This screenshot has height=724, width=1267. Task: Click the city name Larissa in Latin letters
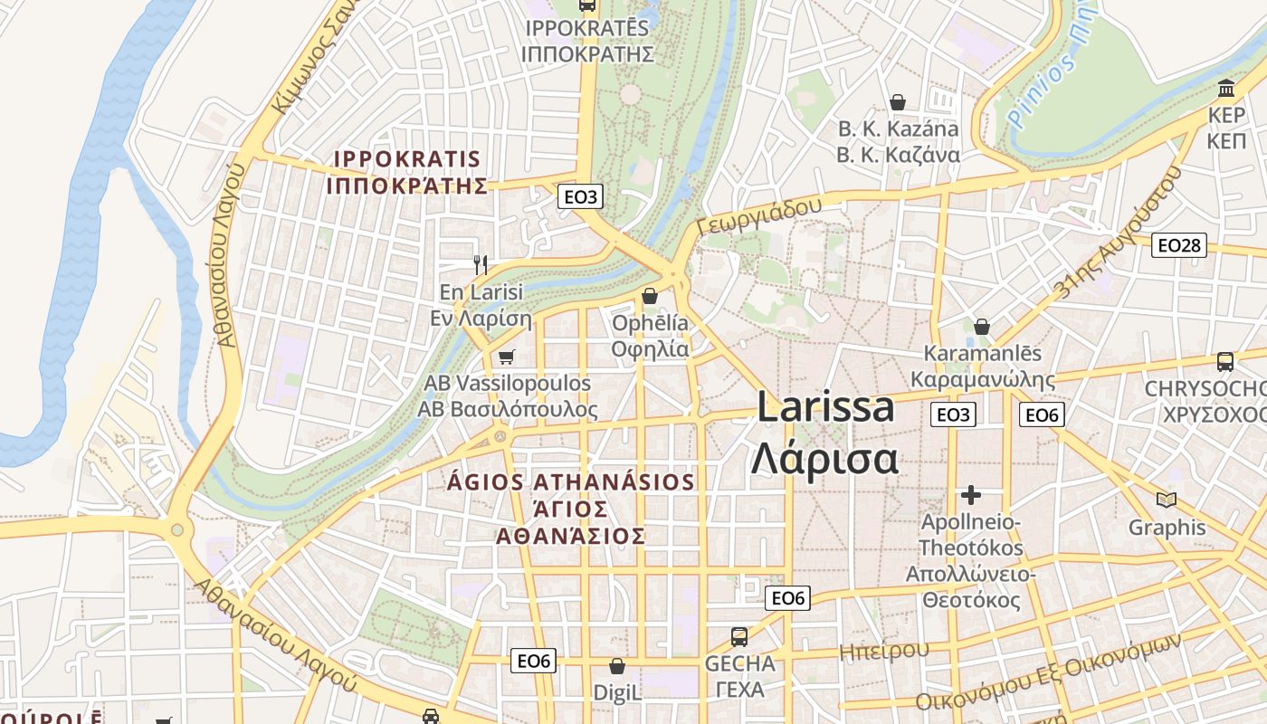(x=825, y=407)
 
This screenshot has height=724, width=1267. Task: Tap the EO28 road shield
(x=1179, y=245)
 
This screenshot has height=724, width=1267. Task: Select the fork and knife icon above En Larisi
(x=481, y=265)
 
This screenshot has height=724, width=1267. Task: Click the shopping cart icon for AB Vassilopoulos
(x=506, y=357)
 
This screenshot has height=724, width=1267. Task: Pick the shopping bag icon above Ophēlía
(x=649, y=296)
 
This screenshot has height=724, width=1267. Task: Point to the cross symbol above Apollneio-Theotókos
(x=971, y=495)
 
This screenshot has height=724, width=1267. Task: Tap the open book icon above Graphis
(x=1167, y=500)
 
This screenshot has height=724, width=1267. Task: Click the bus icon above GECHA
(x=739, y=636)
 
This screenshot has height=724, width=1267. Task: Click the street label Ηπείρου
(x=883, y=651)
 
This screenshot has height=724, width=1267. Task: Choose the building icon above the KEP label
(x=1227, y=89)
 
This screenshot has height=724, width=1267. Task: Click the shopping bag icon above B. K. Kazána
(x=898, y=101)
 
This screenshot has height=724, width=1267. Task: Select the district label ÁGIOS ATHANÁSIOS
(x=571, y=482)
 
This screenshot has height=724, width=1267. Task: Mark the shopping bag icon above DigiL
(x=617, y=667)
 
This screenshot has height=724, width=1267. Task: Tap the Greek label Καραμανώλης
(x=983, y=379)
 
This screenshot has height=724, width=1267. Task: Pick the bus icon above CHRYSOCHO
(x=1225, y=362)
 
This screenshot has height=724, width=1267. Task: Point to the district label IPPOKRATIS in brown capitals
(x=407, y=159)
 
